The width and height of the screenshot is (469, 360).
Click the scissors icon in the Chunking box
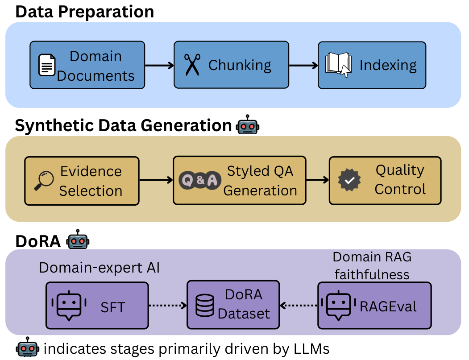[192, 65]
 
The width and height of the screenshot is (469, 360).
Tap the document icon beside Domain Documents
[47, 65]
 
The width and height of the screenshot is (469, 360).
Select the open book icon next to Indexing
[339, 65]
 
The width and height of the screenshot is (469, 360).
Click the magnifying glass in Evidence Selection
[44, 181]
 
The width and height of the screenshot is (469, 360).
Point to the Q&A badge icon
[200, 180]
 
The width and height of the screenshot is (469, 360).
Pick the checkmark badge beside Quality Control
[349, 180]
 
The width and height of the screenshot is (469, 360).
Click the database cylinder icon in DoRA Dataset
[205, 305]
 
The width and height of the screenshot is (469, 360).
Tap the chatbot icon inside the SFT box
[69, 306]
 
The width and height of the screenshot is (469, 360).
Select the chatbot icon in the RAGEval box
[339, 306]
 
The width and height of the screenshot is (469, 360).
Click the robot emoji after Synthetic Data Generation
[247, 125]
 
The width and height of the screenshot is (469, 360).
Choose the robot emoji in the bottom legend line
[28, 347]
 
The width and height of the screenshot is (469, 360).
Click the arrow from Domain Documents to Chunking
[159, 65]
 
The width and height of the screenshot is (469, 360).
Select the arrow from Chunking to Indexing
[303, 65]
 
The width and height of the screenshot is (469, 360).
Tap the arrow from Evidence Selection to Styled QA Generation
[156, 180]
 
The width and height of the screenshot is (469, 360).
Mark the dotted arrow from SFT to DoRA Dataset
[168, 305]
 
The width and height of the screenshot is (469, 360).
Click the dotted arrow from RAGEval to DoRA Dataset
[299, 305]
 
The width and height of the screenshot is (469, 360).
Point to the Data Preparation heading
[85, 12]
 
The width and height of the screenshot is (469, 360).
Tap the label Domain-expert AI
[100, 268]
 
